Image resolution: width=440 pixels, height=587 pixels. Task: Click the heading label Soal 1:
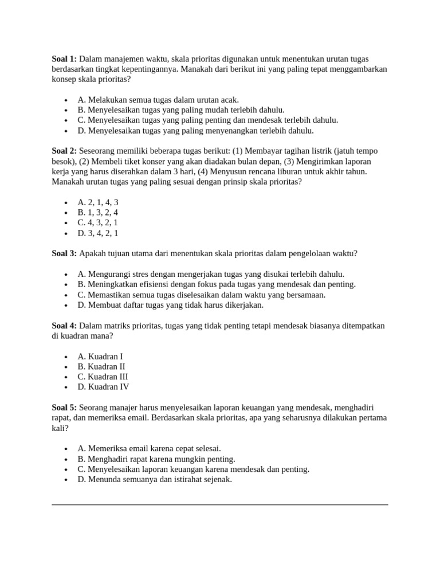(x=64, y=59)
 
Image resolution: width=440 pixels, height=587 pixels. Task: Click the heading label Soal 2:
(x=64, y=151)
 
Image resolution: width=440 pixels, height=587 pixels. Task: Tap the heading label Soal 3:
(x=64, y=253)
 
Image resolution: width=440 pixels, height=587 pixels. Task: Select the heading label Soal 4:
(x=64, y=326)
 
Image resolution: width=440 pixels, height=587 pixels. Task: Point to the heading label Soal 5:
(x=64, y=408)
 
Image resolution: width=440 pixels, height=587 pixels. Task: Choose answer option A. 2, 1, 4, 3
(x=98, y=202)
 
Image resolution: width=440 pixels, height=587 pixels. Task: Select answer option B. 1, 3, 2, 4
(x=98, y=213)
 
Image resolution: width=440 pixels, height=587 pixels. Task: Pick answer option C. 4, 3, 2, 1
(x=98, y=223)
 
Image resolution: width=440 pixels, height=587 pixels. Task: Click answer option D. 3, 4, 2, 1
(x=98, y=233)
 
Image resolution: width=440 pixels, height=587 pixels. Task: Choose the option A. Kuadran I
(x=100, y=357)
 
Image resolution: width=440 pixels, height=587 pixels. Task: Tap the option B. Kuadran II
(x=101, y=367)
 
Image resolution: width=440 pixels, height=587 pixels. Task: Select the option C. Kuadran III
(x=103, y=377)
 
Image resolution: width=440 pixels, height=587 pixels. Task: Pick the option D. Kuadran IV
(x=103, y=388)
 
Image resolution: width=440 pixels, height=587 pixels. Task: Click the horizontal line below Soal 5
(x=220, y=504)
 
